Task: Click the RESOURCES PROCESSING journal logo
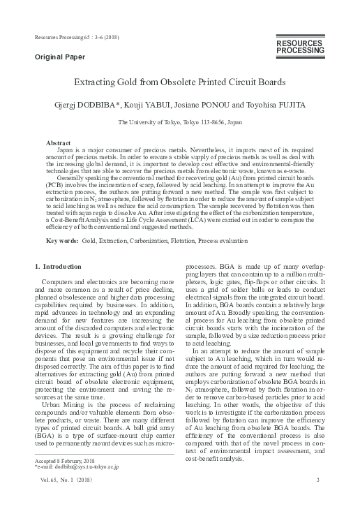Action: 300,47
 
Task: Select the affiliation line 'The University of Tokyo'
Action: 180,121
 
